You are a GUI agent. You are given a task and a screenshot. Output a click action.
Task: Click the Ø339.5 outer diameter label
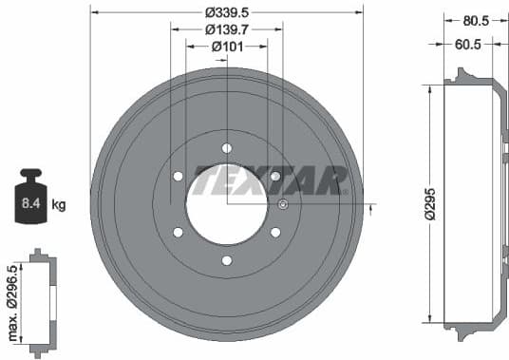pyautogui.click(x=226, y=12)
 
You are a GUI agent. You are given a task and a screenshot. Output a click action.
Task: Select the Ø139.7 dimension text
pyautogui.click(x=226, y=29)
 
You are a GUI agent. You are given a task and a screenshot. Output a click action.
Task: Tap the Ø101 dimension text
pyautogui.click(x=226, y=47)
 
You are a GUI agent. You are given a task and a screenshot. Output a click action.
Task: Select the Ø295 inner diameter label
pyautogui.click(x=428, y=203)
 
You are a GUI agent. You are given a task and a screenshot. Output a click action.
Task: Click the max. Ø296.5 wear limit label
pyautogui.click(x=12, y=302)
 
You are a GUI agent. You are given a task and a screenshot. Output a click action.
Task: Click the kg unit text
pyautogui.click(x=59, y=204)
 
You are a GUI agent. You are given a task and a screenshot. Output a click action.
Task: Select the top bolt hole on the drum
pyautogui.click(x=226, y=147)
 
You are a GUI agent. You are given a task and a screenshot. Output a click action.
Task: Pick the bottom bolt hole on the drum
pyautogui.click(x=226, y=260)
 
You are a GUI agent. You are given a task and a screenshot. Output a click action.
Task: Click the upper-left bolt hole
pyautogui.click(x=178, y=176)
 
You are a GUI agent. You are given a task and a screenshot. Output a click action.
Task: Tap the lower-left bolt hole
pyautogui.click(x=178, y=232)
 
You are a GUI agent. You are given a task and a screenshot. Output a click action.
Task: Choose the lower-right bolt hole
pyautogui.click(x=275, y=232)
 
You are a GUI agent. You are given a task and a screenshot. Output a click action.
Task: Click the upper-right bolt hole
pyautogui.click(x=275, y=176)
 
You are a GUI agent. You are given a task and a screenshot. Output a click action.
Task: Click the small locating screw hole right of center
pyautogui.click(x=283, y=204)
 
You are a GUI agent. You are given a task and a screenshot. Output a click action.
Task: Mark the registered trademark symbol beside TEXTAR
pyautogui.click(x=348, y=190)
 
